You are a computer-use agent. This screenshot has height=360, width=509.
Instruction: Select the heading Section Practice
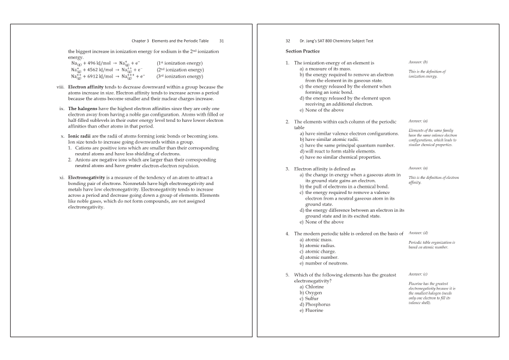[x=302, y=51]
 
